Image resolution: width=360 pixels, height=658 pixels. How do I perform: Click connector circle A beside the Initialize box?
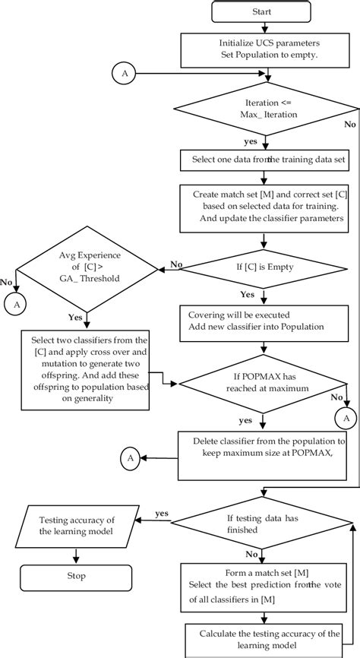(124, 74)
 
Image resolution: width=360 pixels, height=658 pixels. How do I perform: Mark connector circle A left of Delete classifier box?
(131, 457)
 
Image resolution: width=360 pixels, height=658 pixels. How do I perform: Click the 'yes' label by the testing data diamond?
(161, 513)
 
